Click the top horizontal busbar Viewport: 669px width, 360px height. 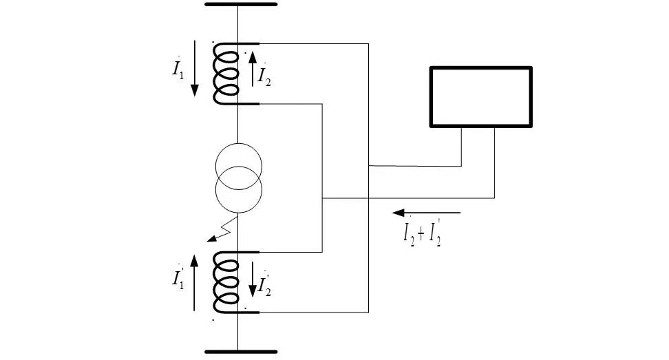point(241,5)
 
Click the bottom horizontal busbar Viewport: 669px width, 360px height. point(241,352)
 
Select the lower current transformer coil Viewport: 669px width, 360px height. point(226,282)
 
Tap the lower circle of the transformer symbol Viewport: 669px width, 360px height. point(238,191)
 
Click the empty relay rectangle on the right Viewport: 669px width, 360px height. point(480,96)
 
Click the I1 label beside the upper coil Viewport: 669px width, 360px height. point(178,70)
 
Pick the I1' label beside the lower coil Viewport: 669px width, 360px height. point(178,279)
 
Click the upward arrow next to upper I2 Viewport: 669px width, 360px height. point(253,67)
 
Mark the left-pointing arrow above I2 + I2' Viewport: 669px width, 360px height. point(427,213)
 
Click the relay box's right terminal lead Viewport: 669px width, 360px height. point(495,162)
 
